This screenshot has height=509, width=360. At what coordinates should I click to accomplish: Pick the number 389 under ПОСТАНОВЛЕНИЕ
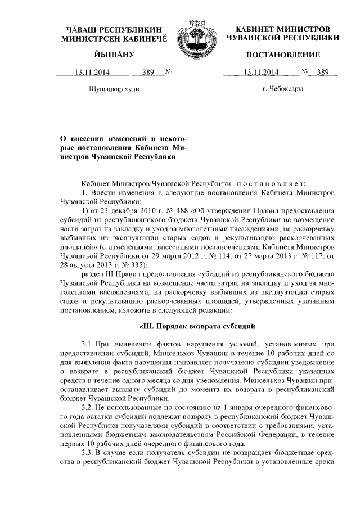click(x=322, y=72)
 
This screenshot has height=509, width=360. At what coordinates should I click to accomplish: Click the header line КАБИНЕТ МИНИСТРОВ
click(x=283, y=28)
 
